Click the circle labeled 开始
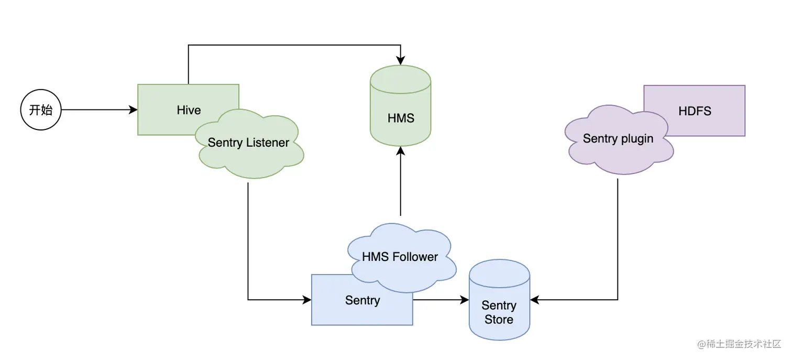(41, 110)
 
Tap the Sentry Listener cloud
(249, 143)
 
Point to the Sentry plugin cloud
(618, 139)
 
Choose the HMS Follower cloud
(400, 257)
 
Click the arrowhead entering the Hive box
(134, 110)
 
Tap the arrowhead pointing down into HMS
(401, 61)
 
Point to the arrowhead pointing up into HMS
(401, 151)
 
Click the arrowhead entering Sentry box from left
(307, 300)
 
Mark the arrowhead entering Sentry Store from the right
(534, 300)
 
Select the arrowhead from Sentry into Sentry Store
(465, 300)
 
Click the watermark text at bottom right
(739, 345)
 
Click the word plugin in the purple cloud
(636, 139)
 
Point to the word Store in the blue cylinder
(499, 320)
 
